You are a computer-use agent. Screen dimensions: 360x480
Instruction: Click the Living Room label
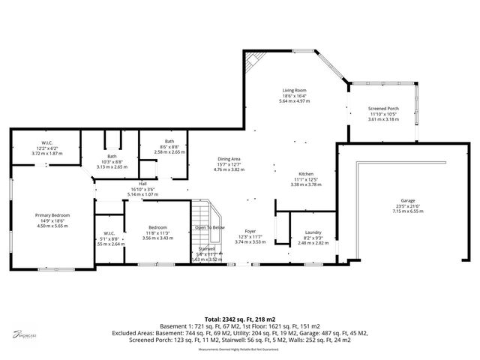(x=294, y=90)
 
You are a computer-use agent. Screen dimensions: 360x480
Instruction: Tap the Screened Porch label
(x=383, y=109)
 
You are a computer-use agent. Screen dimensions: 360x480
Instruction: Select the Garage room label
(x=408, y=200)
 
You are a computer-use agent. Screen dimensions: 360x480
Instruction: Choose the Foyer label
(x=250, y=232)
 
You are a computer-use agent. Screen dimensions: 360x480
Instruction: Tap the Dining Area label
(x=229, y=159)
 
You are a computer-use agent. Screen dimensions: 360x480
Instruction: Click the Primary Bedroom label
(x=52, y=215)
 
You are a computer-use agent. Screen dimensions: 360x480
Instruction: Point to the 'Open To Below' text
(x=209, y=226)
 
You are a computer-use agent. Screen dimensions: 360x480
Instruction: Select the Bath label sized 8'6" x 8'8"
(x=169, y=141)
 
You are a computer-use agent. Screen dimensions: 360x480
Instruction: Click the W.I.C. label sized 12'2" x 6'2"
(x=46, y=142)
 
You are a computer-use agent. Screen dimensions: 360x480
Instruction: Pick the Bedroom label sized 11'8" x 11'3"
(x=157, y=227)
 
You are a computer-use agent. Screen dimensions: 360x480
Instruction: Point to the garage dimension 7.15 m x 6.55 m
(x=408, y=211)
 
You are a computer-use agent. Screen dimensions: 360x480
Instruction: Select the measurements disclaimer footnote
(x=239, y=349)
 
